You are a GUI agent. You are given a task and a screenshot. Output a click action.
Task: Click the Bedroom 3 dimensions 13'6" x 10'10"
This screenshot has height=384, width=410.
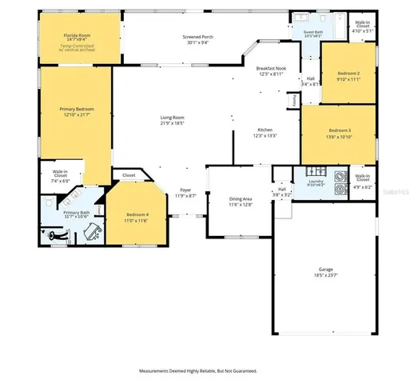point(340,136)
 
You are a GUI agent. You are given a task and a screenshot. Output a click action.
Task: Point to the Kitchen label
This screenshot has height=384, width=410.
point(265,130)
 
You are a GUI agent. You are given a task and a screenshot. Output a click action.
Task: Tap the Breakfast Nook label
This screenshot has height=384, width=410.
point(270,69)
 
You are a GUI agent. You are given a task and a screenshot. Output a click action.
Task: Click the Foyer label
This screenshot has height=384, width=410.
point(185,190)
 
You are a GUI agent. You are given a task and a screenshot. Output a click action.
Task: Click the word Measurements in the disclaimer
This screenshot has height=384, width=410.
point(160,371)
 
